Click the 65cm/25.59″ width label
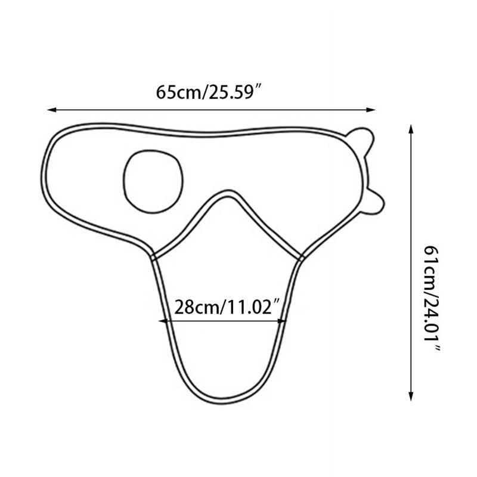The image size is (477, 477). click(210, 92)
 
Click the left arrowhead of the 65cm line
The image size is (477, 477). click(52, 110)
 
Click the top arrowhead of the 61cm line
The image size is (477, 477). click(411, 129)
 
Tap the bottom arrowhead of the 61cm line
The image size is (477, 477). click(411, 396)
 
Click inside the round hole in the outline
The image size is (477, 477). click(153, 181)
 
